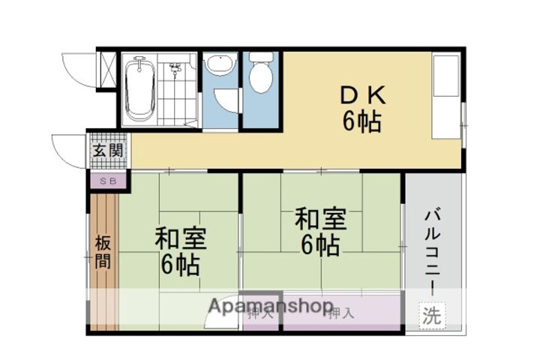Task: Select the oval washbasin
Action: coord(220,67)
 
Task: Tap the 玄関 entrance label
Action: coord(106,150)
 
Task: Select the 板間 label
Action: coord(103,252)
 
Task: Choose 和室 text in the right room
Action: coord(320,219)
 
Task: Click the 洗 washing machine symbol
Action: coord(430,315)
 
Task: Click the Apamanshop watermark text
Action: coord(270,306)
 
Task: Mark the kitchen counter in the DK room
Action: coord(448,95)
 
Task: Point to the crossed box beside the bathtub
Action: coord(108,69)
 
